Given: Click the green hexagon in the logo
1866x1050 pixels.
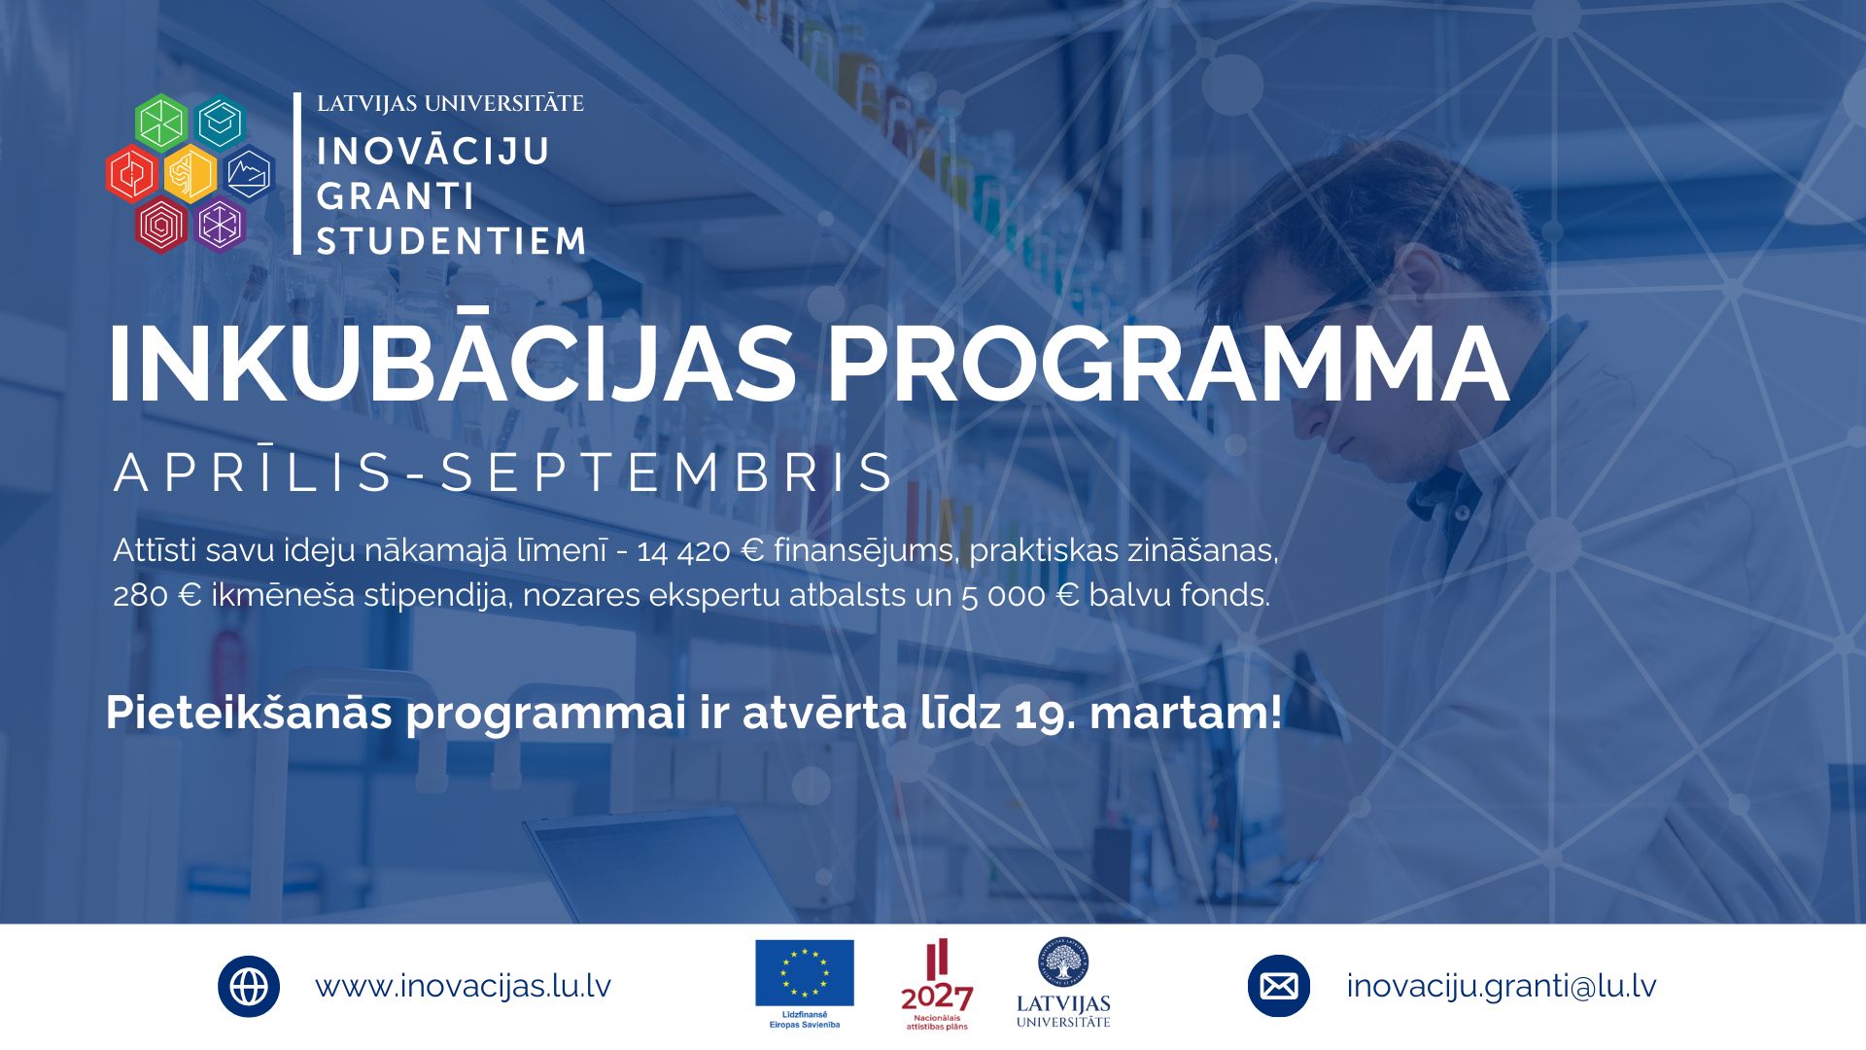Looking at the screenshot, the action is tap(161, 122).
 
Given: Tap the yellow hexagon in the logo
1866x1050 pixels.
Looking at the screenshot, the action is tap(190, 174).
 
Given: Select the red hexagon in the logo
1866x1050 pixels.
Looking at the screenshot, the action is tap(133, 174).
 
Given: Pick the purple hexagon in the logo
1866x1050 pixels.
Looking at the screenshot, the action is tap(220, 226).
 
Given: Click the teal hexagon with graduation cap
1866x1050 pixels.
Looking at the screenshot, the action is tap(220, 122).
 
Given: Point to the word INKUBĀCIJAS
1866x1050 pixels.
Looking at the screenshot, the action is tap(452, 362).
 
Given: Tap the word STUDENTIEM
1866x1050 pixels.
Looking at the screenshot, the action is tap(452, 241).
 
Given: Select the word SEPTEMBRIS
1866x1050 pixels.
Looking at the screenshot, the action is tap(668, 473).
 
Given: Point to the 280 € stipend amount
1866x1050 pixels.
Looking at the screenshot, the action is tap(156, 595).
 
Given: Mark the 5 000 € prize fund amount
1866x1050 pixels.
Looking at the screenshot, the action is tap(1020, 595).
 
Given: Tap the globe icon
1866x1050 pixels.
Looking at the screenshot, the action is tap(249, 987).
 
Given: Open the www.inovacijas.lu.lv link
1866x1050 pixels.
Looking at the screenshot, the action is tap(463, 986).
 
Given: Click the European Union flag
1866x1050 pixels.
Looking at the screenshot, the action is tap(805, 973).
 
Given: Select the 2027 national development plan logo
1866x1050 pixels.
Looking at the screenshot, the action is tap(937, 985).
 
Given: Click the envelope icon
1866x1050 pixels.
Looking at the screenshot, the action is tap(1279, 987).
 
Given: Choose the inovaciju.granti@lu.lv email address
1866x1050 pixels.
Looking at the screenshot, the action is tap(1502, 986).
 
